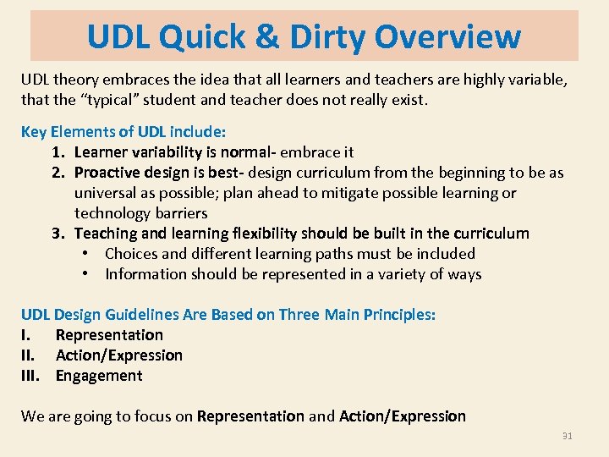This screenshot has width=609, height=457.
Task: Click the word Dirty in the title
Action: pos(325,36)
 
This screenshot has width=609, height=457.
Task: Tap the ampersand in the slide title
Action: pos(264,36)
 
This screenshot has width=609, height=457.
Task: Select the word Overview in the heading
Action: pos(447,36)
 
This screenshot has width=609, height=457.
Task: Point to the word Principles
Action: pos(399,315)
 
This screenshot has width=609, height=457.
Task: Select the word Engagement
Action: pos(99,376)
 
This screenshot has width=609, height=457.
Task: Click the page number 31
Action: pos(568,437)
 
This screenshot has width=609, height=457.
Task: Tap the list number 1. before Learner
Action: pos(59,152)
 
